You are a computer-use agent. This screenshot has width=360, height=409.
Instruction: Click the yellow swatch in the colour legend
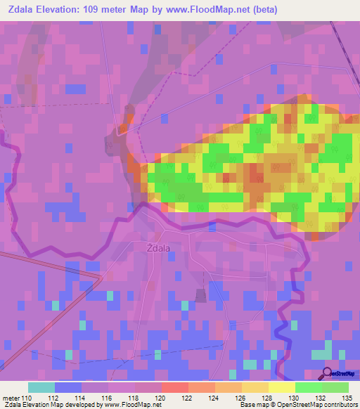click(x=281, y=387)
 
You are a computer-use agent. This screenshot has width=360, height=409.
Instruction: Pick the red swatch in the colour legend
click(x=174, y=387)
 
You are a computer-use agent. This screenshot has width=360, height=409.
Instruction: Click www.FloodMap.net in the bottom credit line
click(x=133, y=404)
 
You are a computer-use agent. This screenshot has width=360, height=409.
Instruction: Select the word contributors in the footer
click(x=337, y=404)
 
